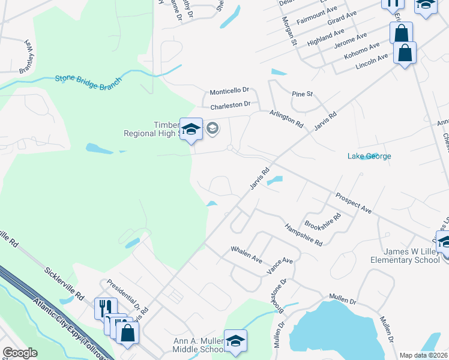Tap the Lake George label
click(369, 157)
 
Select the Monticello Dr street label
click(229, 91)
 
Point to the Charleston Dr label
click(230, 106)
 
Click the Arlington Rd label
click(286, 118)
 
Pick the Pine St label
click(302, 94)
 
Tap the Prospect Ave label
click(354, 203)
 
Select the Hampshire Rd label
click(304, 235)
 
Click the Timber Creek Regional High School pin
click(191, 130)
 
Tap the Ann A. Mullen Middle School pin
click(236, 340)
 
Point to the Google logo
click(20, 353)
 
